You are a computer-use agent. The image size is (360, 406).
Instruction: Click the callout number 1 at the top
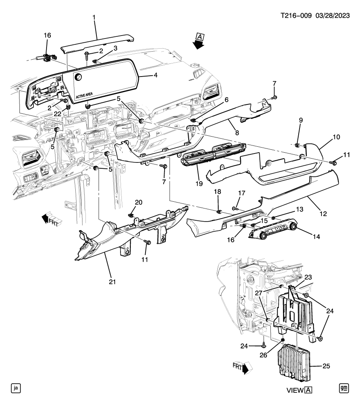coord(94,18)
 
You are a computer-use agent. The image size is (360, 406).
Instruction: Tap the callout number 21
coord(111,281)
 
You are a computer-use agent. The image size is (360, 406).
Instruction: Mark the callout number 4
coord(155,76)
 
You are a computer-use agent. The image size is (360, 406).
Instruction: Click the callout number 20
coord(139,202)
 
